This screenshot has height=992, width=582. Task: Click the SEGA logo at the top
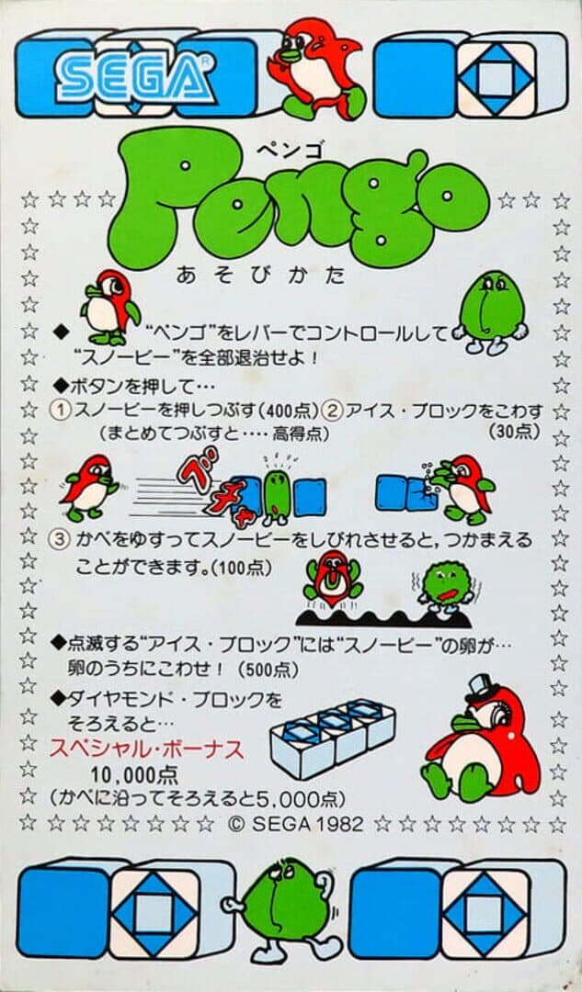coord(135,77)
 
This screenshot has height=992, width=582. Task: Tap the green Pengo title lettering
coord(298,199)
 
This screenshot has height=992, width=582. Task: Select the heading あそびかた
coord(261,276)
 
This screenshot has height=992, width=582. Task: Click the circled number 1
coord(60,411)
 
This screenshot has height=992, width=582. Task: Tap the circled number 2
coord(333,411)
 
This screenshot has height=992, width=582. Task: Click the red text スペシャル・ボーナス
coord(147,750)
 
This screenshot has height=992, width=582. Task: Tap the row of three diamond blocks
coord(333,738)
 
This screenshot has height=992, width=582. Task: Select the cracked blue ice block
coord(420,493)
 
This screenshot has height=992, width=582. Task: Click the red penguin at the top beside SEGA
coord(316,68)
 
